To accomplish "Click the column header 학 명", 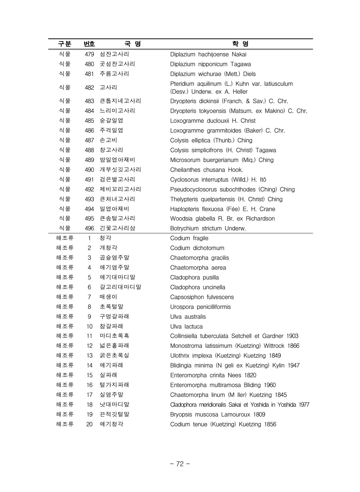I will [x=240, y=44].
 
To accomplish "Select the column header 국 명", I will [x=133, y=44].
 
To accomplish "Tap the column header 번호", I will [x=89, y=44].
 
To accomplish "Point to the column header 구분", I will [x=64, y=44].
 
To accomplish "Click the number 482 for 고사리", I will [x=89, y=88].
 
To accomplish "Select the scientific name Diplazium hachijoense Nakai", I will [x=208, y=54].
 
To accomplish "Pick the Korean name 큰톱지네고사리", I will [x=120, y=101].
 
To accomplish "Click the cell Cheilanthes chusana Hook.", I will [x=206, y=170].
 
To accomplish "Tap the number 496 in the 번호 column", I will [x=89, y=228].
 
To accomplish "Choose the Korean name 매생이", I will [x=108, y=297].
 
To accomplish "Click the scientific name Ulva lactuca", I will [x=186, y=326].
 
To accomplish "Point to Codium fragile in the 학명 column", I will [x=189, y=238].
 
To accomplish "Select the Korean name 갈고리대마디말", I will [x=120, y=287].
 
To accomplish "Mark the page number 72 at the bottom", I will [x=180, y=464].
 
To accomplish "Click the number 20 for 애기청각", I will [x=89, y=424].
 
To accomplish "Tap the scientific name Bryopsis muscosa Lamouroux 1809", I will [x=218, y=414].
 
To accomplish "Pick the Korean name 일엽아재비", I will [x=114, y=209].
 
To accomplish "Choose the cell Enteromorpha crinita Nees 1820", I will [x=213, y=375].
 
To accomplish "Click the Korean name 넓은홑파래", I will [x=114, y=346].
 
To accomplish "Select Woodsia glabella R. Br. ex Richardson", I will [x=222, y=219].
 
